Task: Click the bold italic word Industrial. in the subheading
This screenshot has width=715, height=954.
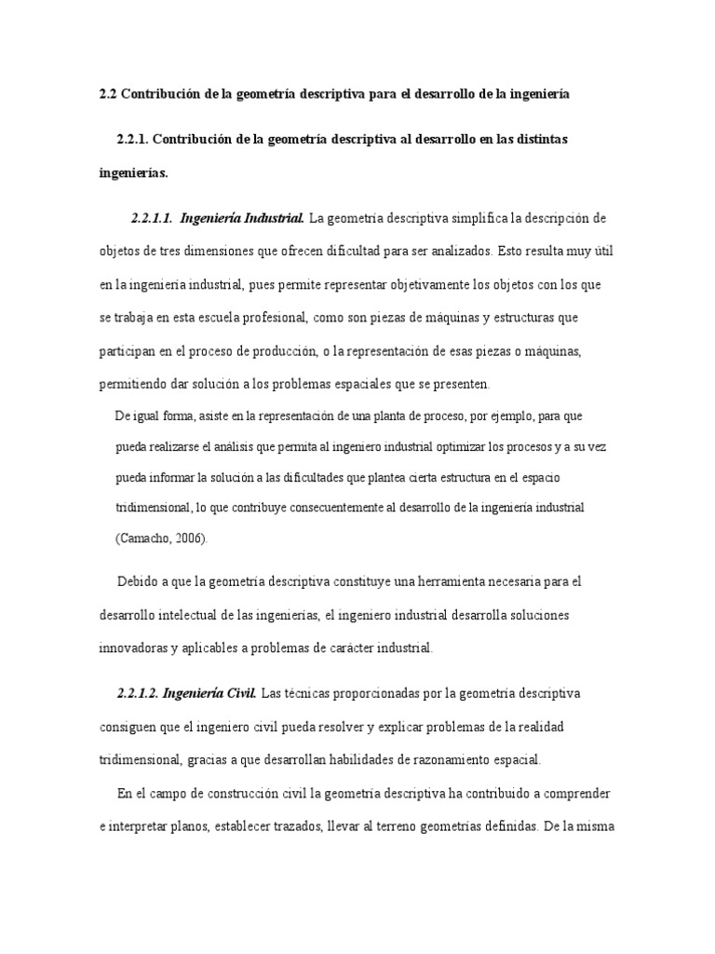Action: coord(271,219)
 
